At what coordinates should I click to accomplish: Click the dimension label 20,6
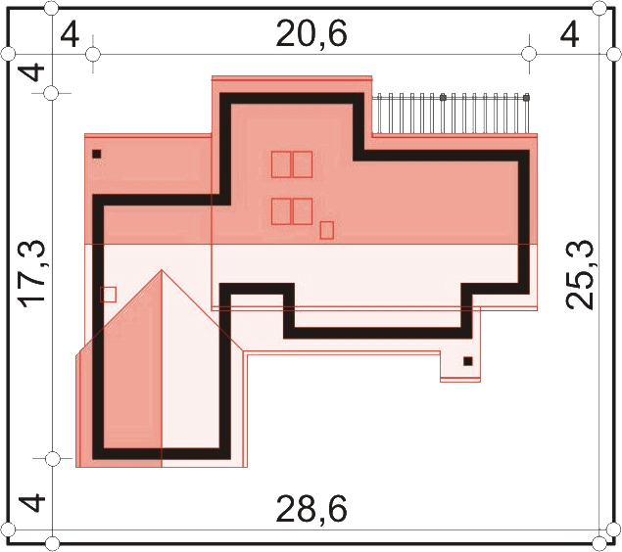pyautogui.click(x=311, y=34)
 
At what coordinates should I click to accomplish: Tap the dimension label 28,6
pyautogui.click(x=311, y=509)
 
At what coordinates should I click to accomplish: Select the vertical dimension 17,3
pyautogui.click(x=33, y=274)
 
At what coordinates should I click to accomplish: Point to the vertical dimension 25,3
pyautogui.click(x=579, y=274)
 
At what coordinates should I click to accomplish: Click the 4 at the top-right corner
pyautogui.click(x=569, y=35)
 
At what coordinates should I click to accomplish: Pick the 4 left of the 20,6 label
pyautogui.click(x=70, y=35)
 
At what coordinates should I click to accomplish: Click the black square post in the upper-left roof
pyautogui.click(x=96, y=154)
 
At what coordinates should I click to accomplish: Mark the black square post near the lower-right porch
pyautogui.click(x=468, y=361)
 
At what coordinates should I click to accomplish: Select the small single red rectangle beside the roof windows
pyautogui.click(x=326, y=230)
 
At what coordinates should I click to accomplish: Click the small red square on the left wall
pyautogui.click(x=108, y=295)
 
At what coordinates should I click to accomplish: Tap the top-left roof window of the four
pyautogui.click(x=281, y=164)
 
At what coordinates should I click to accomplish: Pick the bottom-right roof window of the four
pyautogui.click(x=303, y=211)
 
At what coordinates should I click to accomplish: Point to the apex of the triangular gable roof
pyautogui.click(x=162, y=270)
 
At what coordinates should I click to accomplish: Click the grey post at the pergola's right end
pyautogui.click(x=526, y=97)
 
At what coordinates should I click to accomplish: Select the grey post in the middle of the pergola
pyautogui.click(x=443, y=97)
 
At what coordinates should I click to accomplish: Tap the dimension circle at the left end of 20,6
pyautogui.click(x=93, y=54)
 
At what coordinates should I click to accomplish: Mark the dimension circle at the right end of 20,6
pyautogui.click(x=529, y=54)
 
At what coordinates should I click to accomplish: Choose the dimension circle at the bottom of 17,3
pyautogui.click(x=52, y=459)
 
